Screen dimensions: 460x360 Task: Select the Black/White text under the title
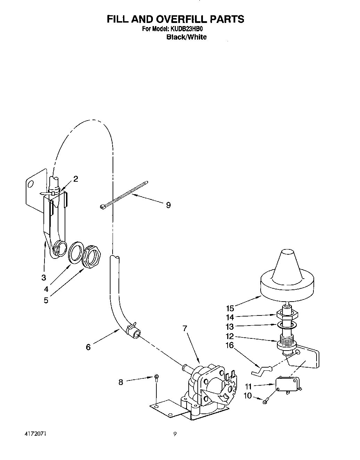tap(186, 37)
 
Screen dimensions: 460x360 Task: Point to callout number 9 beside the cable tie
tap(168, 205)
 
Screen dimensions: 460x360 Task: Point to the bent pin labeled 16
tap(260, 370)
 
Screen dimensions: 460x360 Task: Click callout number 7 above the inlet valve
tap(185, 328)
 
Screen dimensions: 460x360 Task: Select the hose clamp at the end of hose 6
tap(132, 327)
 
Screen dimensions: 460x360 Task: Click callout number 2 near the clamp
tap(75, 179)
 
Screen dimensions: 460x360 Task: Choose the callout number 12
tap(230, 336)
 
